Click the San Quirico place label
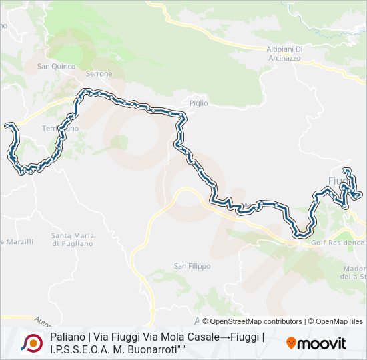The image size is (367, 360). [54, 66]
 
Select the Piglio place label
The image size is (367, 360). [199, 103]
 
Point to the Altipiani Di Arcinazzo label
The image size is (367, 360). [285, 53]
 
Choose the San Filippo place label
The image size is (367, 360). [192, 266]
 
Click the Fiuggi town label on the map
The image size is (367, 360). [339, 181]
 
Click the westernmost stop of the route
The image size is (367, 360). [7, 125]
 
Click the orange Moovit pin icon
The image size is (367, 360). [291, 343]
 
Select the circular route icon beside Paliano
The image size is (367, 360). [31, 343]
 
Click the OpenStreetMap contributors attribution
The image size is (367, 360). [252, 321]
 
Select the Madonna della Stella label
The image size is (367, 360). [354, 272]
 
